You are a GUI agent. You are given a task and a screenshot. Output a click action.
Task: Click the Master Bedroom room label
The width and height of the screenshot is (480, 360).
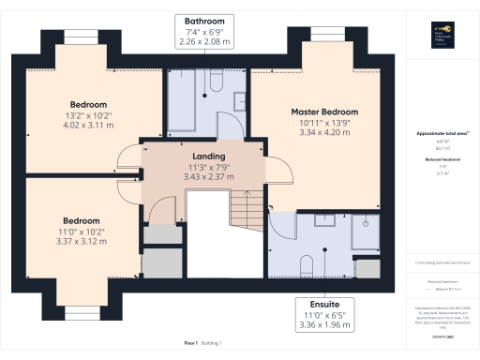pos(324,112)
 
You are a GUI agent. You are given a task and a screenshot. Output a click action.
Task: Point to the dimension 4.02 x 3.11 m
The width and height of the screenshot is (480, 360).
pos(88,125)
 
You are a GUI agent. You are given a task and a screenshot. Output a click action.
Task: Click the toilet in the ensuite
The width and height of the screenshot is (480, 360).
pos(307,262)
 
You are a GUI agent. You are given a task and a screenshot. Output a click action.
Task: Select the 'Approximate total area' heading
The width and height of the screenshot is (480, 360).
pos(442,134)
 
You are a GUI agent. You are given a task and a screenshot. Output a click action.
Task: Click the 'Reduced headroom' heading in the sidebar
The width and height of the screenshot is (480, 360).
pos(442,160)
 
